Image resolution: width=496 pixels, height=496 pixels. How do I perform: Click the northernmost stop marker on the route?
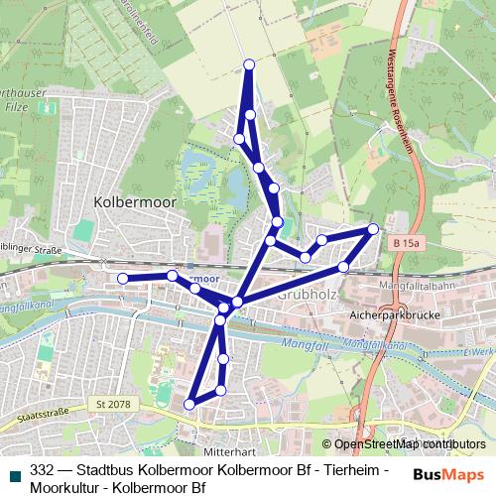pyautogui.click(x=249, y=64)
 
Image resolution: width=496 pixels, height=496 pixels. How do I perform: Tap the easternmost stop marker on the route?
pyautogui.click(x=373, y=229)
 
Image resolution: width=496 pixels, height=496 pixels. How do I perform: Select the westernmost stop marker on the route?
pyautogui.click(x=123, y=279)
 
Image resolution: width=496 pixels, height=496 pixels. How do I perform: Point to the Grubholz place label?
pyautogui.click(x=310, y=295)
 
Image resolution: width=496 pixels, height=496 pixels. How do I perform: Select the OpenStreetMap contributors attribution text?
pyautogui.click(x=410, y=443)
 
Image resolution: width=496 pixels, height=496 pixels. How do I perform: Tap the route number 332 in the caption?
pyautogui.click(x=42, y=470)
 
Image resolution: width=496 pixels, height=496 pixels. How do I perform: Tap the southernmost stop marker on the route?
pyautogui.click(x=188, y=404)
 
